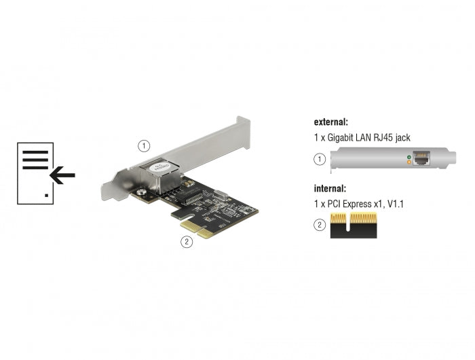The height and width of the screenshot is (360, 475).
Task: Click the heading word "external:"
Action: coord(330,122)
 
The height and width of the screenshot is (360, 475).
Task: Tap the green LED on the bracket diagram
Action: coord(407,158)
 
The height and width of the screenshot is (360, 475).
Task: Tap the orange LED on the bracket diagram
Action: coord(407,163)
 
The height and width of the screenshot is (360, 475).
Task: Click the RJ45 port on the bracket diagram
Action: coord(421,160)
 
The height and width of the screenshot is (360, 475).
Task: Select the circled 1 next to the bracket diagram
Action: coord(320,160)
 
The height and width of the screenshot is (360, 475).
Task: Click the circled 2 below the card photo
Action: coord(185,241)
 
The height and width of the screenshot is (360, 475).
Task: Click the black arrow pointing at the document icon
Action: coord(62,177)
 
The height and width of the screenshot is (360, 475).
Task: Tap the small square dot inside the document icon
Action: coord(46,195)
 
